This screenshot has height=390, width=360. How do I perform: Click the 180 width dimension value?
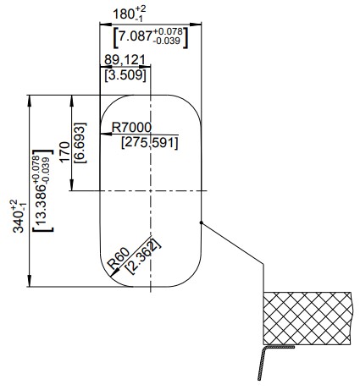click(x=130, y=14)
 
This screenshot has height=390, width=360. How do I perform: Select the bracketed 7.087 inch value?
click(x=150, y=37)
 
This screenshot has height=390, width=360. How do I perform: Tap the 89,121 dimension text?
click(x=125, y=60)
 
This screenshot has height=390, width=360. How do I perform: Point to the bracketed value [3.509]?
click(x=125, y=75)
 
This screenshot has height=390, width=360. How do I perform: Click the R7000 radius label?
click(x=131, y=128)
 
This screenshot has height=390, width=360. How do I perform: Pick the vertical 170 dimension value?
click(x=64, y=151)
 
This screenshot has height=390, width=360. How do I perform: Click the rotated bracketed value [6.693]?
click(x=80, y=143)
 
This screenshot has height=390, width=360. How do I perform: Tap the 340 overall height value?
click(x=19, y=216)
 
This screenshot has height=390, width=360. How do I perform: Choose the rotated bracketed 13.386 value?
click(x=42, y=190)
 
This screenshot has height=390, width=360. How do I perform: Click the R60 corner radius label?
click(x=119, y=258)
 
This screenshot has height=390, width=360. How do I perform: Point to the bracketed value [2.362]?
click(x=142, y=256)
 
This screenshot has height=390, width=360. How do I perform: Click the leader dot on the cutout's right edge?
click(x=202, y=222)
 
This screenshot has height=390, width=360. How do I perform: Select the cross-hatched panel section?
click(x=307, y=318)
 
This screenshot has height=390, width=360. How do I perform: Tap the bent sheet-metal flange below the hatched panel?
click(x=262, y=362)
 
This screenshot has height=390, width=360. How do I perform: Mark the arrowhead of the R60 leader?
click(x=114, y=273)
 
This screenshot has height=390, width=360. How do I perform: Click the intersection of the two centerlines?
click(x=151, y=191)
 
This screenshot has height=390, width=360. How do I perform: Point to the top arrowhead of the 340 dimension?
click(x=29, y=101)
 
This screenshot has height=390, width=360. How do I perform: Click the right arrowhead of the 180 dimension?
click(x=196, y=25)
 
